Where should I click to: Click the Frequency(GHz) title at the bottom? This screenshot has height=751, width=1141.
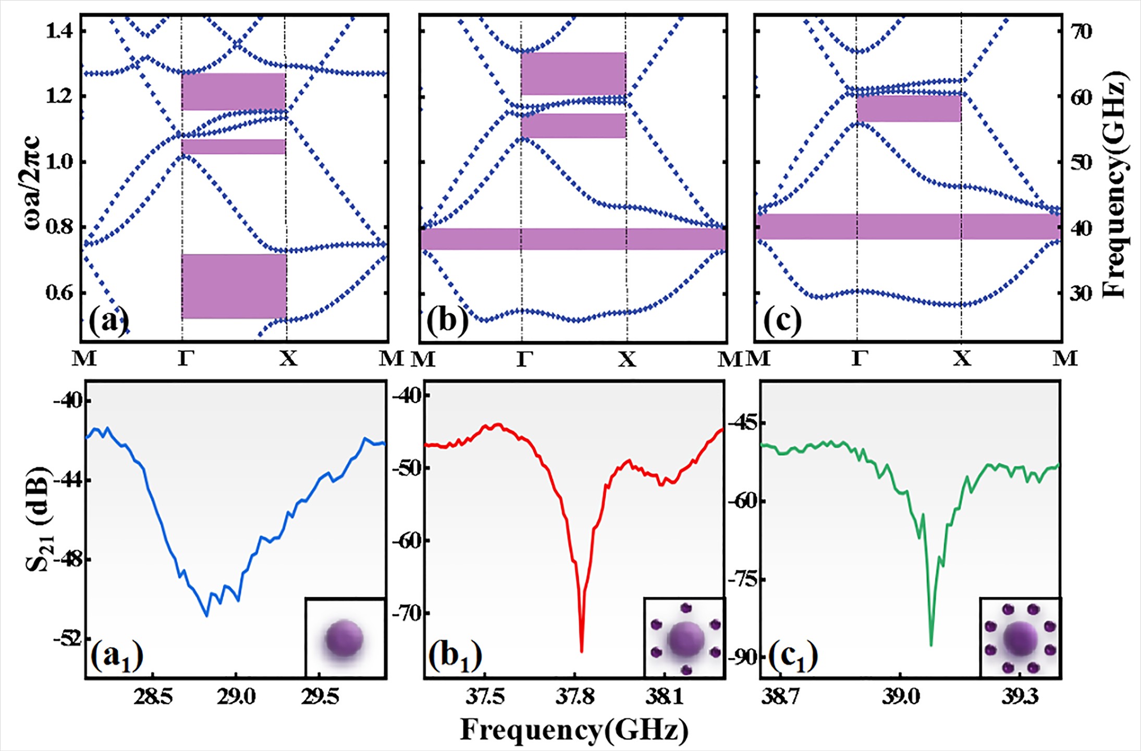point(574,730)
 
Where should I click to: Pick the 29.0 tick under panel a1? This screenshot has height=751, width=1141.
point(236,697)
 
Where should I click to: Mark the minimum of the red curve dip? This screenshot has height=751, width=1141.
point(582,651)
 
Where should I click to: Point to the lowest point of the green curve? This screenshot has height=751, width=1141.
point(931,645)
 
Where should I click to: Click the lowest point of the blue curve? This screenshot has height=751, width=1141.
point(207,616)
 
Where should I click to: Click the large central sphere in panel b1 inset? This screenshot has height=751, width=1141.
point(685,639)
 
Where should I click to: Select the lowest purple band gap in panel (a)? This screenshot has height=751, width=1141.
point(234,286)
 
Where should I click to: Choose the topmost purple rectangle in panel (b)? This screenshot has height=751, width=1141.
point(573,73)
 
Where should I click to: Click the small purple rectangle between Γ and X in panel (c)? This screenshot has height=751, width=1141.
point(909,108)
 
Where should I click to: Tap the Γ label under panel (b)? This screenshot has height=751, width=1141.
point(523,359)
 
